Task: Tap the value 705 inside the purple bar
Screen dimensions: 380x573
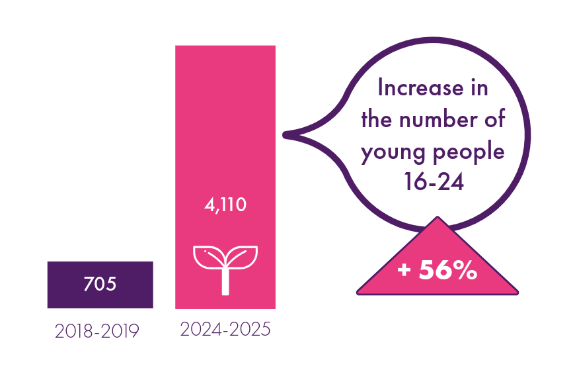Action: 100,285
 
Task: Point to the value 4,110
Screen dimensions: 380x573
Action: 225,205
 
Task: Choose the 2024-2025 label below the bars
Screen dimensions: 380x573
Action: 225,329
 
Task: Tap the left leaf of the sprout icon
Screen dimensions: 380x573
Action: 208,257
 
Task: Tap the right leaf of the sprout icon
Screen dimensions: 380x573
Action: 243,257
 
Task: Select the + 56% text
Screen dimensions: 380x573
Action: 438,270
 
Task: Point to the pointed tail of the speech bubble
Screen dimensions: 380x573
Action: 288,135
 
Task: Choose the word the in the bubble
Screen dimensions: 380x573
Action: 377,120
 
